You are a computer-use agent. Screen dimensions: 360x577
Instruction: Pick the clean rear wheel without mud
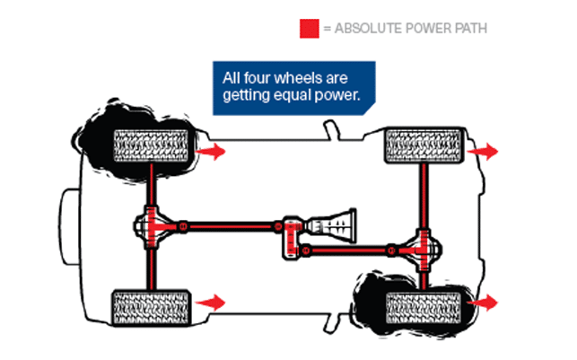(x=152, y=306)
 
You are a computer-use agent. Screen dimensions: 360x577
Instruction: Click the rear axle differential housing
(x=153, y=226)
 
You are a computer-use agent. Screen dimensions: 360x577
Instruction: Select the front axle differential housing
(x=422, y=250)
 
